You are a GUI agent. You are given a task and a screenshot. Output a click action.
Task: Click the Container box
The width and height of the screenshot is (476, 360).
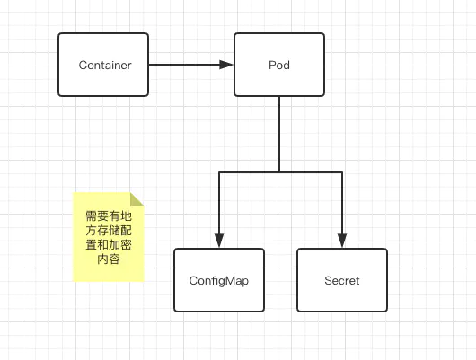coord(103,65)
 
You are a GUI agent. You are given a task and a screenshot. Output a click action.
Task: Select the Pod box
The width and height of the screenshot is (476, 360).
coord(279,65)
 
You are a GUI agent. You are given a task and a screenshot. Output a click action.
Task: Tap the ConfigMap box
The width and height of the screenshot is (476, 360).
coord(219,280)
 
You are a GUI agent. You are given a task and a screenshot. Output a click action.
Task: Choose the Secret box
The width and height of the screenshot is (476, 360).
coord(342,280)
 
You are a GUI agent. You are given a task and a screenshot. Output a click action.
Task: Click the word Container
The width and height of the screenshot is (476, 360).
coord(105,65)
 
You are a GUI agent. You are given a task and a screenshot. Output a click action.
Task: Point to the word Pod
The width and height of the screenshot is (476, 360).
coord(279,65)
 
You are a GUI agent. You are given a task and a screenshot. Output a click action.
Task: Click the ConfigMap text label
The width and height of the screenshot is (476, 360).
coord(219,281)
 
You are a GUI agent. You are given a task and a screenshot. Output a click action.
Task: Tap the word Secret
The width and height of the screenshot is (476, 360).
coord(342,280)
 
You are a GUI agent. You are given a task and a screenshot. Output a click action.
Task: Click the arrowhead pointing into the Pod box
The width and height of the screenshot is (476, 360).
coord(226,65)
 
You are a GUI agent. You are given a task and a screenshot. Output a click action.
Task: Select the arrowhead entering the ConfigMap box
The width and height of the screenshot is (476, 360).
coord(219,241)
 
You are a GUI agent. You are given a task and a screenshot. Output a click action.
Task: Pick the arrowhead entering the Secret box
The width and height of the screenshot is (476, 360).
coord(342,241)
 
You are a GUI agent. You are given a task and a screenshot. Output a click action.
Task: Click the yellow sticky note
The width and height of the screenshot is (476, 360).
coord(109,237)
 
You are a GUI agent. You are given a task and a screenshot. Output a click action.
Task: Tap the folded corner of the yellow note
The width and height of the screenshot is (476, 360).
coord(137,199)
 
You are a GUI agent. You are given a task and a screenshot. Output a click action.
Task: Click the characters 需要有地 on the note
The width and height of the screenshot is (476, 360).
coord(109,216)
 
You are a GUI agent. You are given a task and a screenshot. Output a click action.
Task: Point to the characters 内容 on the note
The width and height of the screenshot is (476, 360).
coord(109,259)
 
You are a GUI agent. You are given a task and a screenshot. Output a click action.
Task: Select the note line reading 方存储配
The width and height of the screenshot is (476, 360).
coord(109,231)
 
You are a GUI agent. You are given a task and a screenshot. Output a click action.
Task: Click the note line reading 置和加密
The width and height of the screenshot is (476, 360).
coord(109,245)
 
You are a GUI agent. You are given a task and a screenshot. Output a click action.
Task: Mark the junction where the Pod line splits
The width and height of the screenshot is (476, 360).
coord(279,172)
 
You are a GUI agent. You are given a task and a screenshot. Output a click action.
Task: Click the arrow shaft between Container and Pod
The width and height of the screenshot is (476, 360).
coord(184,65)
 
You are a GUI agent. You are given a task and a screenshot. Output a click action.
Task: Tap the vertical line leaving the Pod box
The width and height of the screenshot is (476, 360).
coord(279,135)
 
